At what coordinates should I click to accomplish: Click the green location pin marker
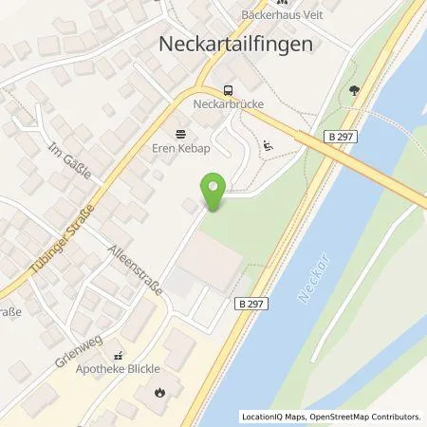coord(214,192)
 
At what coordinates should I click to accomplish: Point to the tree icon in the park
coord(355,91)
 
